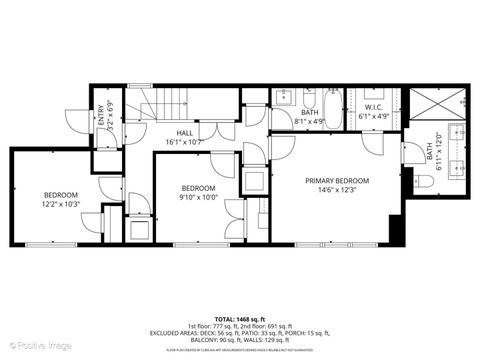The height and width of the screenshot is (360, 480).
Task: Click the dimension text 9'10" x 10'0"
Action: click(x=198, y=197)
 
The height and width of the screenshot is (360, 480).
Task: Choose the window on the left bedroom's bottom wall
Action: click(x=50, y=244)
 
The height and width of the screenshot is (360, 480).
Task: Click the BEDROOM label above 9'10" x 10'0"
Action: click(x=198, y=188)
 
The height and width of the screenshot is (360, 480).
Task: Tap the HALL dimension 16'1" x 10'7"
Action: click(x=186, y=141)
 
